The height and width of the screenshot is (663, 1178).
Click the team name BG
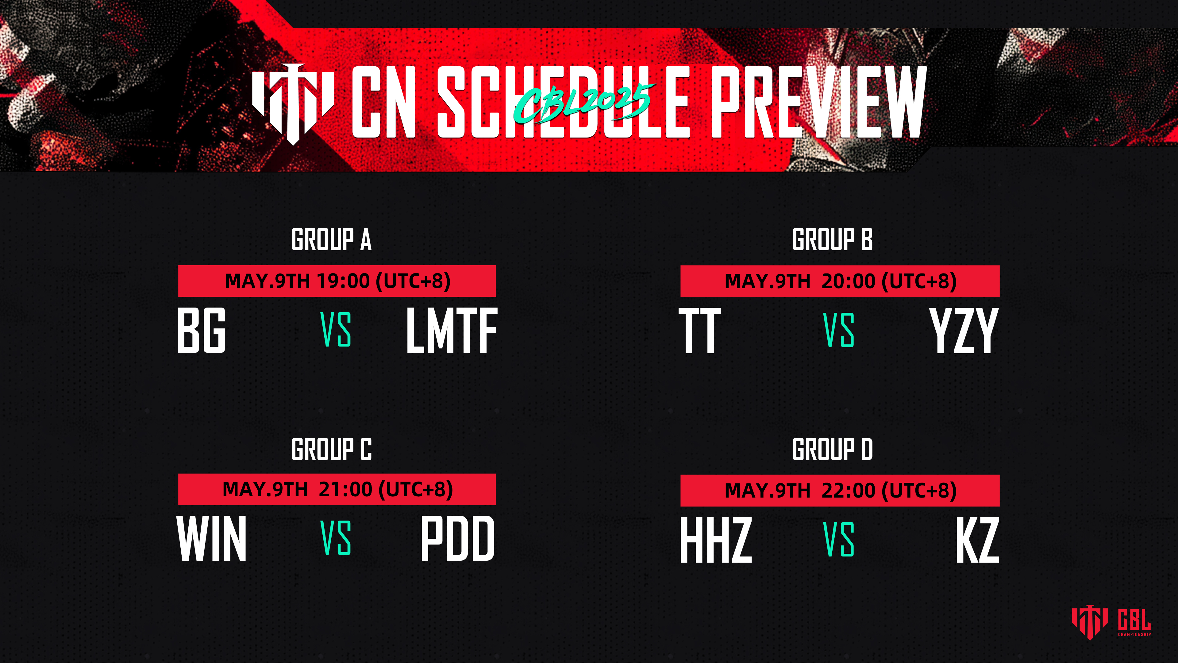pos(201,330)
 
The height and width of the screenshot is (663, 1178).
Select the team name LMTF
pos(452,330)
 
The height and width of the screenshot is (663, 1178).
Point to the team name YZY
pos(964,330)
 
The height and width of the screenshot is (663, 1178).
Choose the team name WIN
pos(212,538)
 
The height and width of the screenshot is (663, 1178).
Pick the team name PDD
pos(458,538)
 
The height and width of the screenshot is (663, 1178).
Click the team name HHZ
pos(716,540)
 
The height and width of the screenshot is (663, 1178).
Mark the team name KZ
pos(977,540)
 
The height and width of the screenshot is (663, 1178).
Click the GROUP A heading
pos(332,239)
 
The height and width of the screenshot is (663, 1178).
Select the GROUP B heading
pos(832,239)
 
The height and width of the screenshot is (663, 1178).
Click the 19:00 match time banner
pos(337,281)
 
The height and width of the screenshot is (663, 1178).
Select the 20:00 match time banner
pos(840,281)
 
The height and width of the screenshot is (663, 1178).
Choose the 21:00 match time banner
pos(337,489)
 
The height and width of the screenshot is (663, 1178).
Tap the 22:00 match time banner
pos(840,490)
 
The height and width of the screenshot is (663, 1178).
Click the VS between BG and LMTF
pos(336,330)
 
